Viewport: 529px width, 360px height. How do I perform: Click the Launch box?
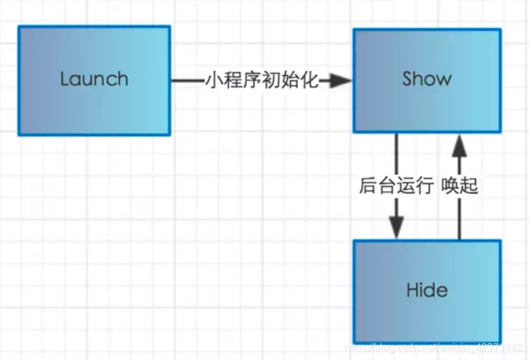(x=94, y=80)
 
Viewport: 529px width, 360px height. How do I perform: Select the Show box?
(x=427, y=80)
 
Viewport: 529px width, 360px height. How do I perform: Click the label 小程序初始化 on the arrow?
(x=261, y=81)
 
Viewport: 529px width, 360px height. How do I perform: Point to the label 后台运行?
(x=396, y=186)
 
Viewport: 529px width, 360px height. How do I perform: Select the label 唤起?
(x=459, y=186)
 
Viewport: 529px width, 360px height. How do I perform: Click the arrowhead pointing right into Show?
(x=340, y=81)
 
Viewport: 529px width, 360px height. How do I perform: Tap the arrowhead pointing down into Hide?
(x=396, y=227)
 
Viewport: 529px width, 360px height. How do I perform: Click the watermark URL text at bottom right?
(x=433, y=347)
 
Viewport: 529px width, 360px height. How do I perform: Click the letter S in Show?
(x=408, y=79)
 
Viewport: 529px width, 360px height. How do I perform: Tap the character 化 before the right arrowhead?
(x=309, y=81)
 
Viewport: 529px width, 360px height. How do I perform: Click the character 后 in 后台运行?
(x=368, y=186)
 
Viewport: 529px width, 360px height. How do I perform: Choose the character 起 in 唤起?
(x=469, y=186)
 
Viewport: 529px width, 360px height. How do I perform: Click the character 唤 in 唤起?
(x=450, y=186)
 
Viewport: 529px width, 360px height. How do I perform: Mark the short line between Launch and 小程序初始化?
(x=187, y=81)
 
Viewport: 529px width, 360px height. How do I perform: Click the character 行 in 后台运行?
(x=425, y=186)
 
